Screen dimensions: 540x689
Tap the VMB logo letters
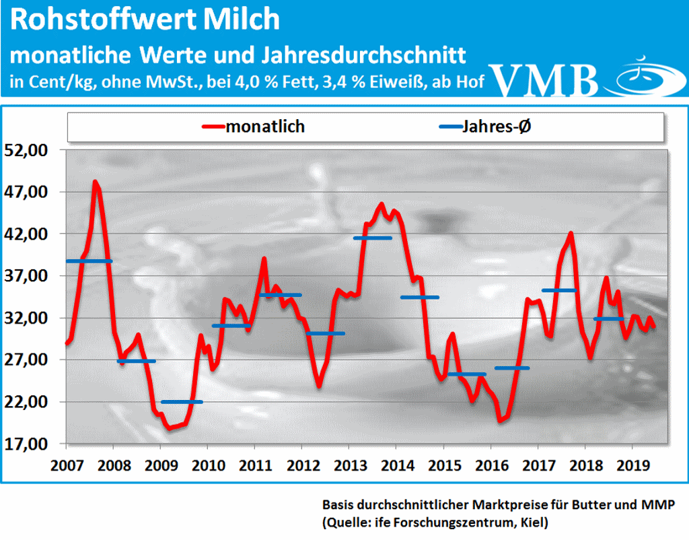546,80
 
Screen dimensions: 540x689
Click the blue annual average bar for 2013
372,238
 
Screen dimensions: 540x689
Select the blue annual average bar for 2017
560,290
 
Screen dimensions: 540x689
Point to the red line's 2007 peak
96,182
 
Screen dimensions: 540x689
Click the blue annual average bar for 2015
466,374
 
